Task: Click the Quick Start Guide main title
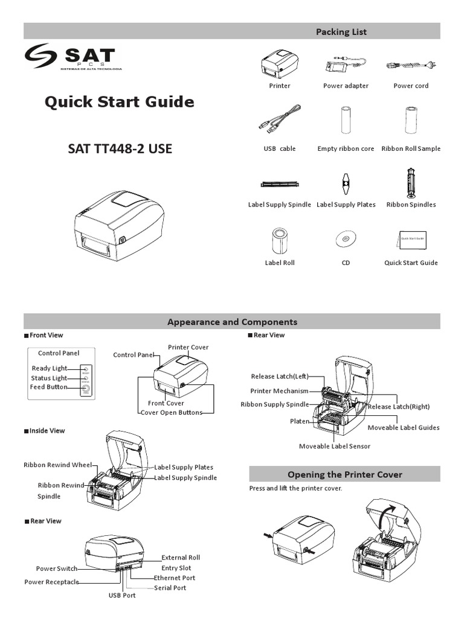tap(120, 102)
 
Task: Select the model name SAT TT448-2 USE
tap(120, 148)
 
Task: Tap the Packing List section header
tap(341, 31)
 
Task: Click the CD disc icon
tap(345, 239)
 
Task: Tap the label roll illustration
tap(279, 240)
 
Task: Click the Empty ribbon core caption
tap(346, 148)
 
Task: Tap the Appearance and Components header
tap(232, 322)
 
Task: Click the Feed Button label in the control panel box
tap(48, 387)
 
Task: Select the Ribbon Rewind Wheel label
tap(57, 465)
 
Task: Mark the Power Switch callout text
tap(56, 569)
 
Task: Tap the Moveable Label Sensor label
tap(335, 446)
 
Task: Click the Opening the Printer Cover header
tap(344, 474)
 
